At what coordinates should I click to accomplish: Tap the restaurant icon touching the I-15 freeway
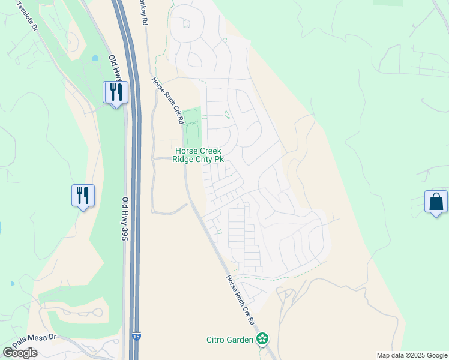click(x=115, y=93)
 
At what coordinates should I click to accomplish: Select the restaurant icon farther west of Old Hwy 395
click(x=83, y=196)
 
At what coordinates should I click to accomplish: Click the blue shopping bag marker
click(x=436, y=202)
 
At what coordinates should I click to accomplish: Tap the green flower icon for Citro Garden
click(x=262, y=340)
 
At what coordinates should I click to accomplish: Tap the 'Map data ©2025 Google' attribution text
click(x=411, y=355)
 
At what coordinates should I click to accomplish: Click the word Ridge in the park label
click(x=185, y=159)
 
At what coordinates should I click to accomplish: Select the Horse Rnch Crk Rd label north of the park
click(x=167, y=100)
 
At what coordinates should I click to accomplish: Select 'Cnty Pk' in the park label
click(x=212, y=159)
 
